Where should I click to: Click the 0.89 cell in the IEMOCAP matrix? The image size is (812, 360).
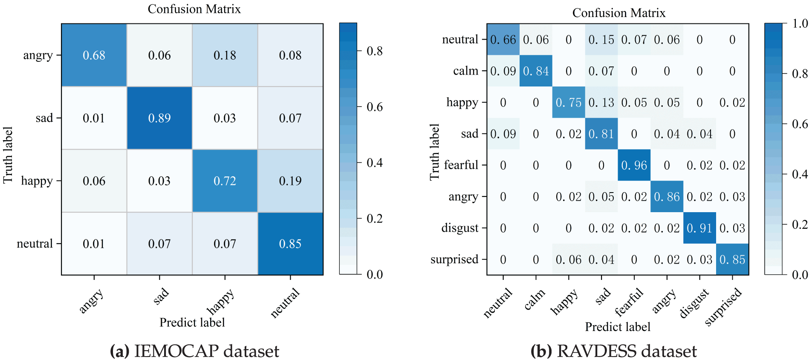click(159, 118)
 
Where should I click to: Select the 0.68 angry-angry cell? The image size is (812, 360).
click(94, 55)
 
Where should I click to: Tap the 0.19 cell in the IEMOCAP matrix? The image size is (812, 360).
click(290, 181)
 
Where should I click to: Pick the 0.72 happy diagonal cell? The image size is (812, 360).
click(225, 181)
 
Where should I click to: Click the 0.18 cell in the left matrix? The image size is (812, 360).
click(225, 55)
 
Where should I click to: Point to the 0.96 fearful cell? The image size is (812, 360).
click(634, 165)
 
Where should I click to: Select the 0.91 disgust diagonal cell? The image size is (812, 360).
click(699, 228)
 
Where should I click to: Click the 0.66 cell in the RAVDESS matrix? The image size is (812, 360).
click(503, 40)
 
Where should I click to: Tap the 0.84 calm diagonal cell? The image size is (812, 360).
click(536, 71)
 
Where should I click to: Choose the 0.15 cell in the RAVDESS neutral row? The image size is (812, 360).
click(601, 40)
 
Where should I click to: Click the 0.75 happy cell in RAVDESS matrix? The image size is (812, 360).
click(568, 103)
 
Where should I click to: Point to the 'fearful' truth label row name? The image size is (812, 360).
click(461, 165)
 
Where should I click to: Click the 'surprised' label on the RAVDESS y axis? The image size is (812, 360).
click(454, 259)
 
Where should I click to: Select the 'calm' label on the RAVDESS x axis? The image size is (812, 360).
click(535, 299)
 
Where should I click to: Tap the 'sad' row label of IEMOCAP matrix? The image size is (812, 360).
click(44, 118)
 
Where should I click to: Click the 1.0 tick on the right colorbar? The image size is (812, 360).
click(800, 23)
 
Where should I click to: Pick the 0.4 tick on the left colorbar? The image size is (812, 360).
click(375, 163)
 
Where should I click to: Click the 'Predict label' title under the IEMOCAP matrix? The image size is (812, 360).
click(192, 323)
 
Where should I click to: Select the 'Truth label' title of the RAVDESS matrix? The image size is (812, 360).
click(434, 152)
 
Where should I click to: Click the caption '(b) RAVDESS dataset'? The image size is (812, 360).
click(613, 351)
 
